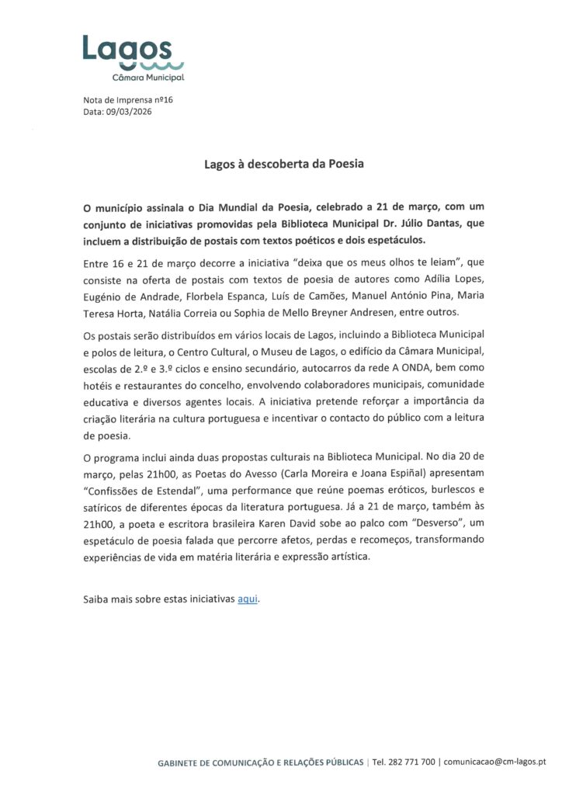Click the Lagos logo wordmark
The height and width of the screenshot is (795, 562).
127,48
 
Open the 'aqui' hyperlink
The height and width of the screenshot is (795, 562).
247,599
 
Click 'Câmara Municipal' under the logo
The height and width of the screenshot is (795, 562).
147,78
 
